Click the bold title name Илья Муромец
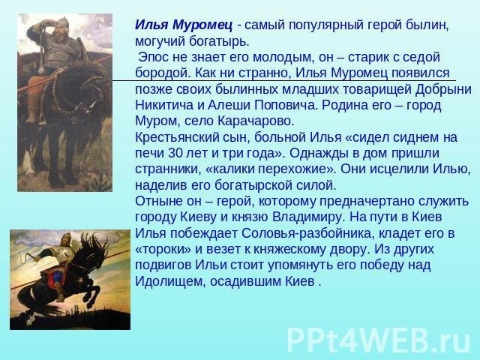coord(184,25)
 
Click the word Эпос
coord(152,57)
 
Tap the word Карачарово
coord(256,121)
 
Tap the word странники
coord(168,169)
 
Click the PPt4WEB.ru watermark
coord(378,340)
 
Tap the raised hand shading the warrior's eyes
coord(49,25)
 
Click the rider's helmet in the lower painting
coord(66,237)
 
